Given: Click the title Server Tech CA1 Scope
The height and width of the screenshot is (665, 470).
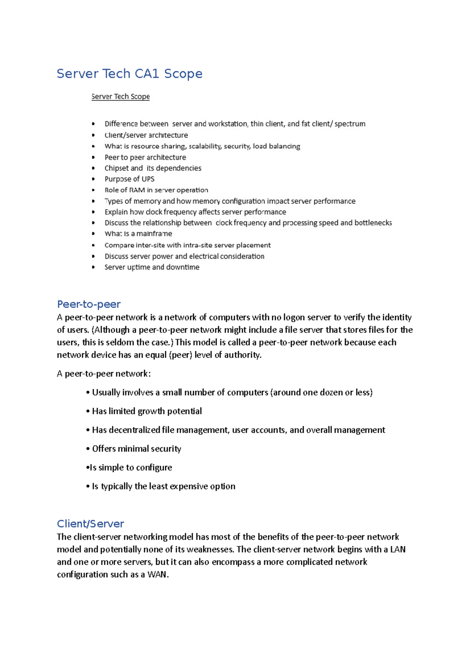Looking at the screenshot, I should [x=129, y=74].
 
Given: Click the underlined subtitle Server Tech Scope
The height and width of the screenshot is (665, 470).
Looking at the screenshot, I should [x=120, y=96].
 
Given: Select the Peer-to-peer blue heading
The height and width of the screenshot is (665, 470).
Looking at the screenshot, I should [x=89, y=304].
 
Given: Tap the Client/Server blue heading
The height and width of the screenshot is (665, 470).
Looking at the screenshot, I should [x=90, y=524].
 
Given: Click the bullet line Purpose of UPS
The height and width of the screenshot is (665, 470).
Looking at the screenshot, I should [x=129, y=179].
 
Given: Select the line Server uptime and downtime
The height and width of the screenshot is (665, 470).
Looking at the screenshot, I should [x=152, y=267].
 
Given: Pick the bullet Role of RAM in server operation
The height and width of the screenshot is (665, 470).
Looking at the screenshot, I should [x=156, y=190].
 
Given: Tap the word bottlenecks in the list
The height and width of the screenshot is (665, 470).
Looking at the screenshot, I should [x=373, y=223].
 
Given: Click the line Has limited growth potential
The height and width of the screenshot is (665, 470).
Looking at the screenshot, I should [x=147, y=411].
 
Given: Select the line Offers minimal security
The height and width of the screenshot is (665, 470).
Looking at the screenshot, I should [x=136, y=449].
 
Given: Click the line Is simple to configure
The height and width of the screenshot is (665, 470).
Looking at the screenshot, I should [x=131, y=468].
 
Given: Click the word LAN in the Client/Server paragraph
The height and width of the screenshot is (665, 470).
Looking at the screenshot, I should [x=398, y=549].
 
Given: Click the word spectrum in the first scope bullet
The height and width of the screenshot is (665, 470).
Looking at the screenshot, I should [x=350, y=124].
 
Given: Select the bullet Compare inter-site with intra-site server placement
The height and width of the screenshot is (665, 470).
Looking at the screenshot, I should [x=187, y=245].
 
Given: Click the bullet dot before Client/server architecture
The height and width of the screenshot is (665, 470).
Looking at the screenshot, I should [x=93, y=135].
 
